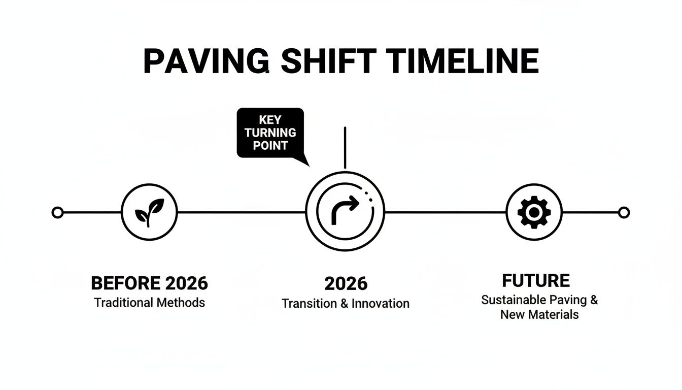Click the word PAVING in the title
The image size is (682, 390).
click(206, 61)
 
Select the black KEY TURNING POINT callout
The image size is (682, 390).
click(270, 133)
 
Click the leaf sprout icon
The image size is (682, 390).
click(149, 212)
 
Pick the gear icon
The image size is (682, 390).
click(534, 212)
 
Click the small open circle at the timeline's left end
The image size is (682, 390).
click(58, 212)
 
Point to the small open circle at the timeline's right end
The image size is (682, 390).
click(624, 212)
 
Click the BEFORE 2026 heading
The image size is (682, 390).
click(149, 283)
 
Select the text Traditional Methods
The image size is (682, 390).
click(149, 303)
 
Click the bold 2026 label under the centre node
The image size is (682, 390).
click(346, 284)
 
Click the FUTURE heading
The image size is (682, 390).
click(536, 281)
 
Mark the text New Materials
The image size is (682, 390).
click(539, 314)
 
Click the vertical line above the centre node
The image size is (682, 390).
click(345, 147)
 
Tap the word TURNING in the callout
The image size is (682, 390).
click(270, 133)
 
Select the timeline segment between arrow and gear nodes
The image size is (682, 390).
click(446, 212)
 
